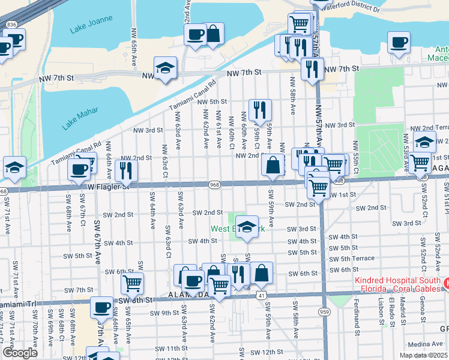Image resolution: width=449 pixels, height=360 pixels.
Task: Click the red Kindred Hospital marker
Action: [x=445, y=281]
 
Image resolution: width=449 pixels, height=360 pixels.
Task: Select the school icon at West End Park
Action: [x=246, y=227]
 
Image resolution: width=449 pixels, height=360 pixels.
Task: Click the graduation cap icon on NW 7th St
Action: [x=165, y=68]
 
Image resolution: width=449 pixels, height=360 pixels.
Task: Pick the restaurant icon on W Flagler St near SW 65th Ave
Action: [x=126, y=170]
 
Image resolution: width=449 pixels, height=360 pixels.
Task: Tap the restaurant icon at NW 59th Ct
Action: [x=260, y=110]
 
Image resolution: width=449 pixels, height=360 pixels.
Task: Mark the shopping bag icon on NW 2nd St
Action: [x=273, y=166]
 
